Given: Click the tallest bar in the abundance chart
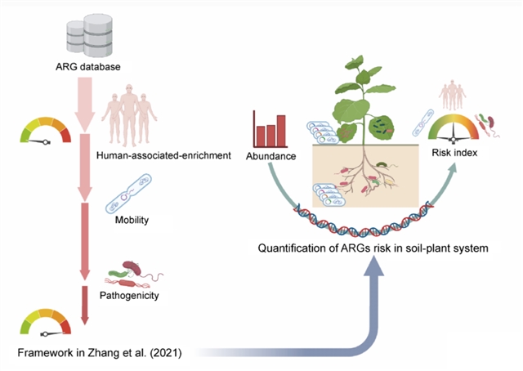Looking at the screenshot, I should coord(281,129).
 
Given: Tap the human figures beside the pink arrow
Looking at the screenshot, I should coord(127,116).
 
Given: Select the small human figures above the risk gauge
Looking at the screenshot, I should coord(454,96).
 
